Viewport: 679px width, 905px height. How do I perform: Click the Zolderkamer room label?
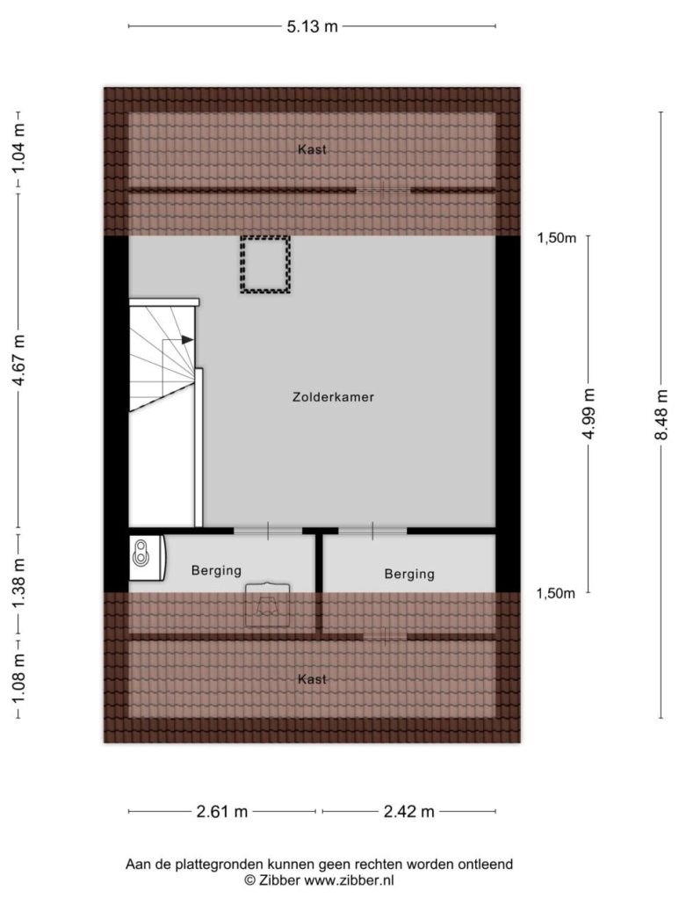pos(333,397)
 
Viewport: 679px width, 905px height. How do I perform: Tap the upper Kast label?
pos(312,149)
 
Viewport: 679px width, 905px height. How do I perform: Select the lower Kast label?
pos(312,679)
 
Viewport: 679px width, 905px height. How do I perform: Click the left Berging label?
pos(216,571)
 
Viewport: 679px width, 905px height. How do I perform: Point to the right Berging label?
pos(409,575)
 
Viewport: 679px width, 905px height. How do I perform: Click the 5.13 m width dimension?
pos(312,26)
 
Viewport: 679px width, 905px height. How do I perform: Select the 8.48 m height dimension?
pos(661,415)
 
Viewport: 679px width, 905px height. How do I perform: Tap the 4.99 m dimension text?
pos(589,413)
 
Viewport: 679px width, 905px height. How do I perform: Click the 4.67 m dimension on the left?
pos(19,360)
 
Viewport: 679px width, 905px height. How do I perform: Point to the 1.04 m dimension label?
pos(19,148)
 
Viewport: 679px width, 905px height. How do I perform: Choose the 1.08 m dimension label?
pos(19,679)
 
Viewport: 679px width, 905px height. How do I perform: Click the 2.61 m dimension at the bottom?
pos(222,812)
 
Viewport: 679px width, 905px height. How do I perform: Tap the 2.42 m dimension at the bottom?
pos(409,812)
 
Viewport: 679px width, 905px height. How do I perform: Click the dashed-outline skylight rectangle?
pos(264,238)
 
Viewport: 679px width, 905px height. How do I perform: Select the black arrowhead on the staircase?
pos(187,340)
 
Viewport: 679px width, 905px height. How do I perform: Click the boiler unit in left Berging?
pos(147,558)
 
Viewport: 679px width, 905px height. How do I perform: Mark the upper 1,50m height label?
pos(557,238)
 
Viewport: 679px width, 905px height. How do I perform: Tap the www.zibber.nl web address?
pos(349,880)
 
